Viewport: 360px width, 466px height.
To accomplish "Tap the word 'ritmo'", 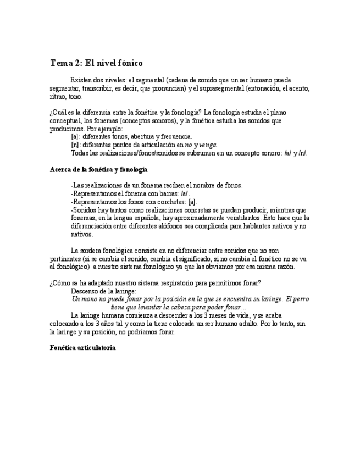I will (57, 96).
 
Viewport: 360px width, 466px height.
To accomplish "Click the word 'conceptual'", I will (67, 120).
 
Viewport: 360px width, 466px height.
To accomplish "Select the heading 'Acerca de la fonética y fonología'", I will (98, 169).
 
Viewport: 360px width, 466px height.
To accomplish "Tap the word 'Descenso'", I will (86, 291).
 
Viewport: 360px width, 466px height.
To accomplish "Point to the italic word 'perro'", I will (301, 299).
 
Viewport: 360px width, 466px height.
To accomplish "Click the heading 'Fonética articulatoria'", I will (82, 348).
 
